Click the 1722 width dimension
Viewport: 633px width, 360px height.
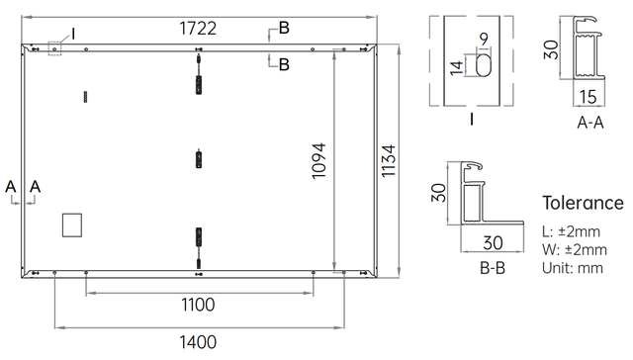coord(198,29)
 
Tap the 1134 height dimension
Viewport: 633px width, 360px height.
coord(389,161)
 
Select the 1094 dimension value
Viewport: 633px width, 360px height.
coord(318,160)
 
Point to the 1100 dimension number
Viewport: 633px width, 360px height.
coord(198,305)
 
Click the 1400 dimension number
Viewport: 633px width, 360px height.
coord(198,342)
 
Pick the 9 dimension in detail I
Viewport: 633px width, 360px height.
coord(484,40)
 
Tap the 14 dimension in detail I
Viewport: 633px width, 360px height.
coord(457,67)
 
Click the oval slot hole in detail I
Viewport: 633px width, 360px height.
coord(484,65)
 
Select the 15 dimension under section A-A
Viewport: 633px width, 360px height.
coord(588,97)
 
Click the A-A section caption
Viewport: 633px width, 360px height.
coord(590,123)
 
